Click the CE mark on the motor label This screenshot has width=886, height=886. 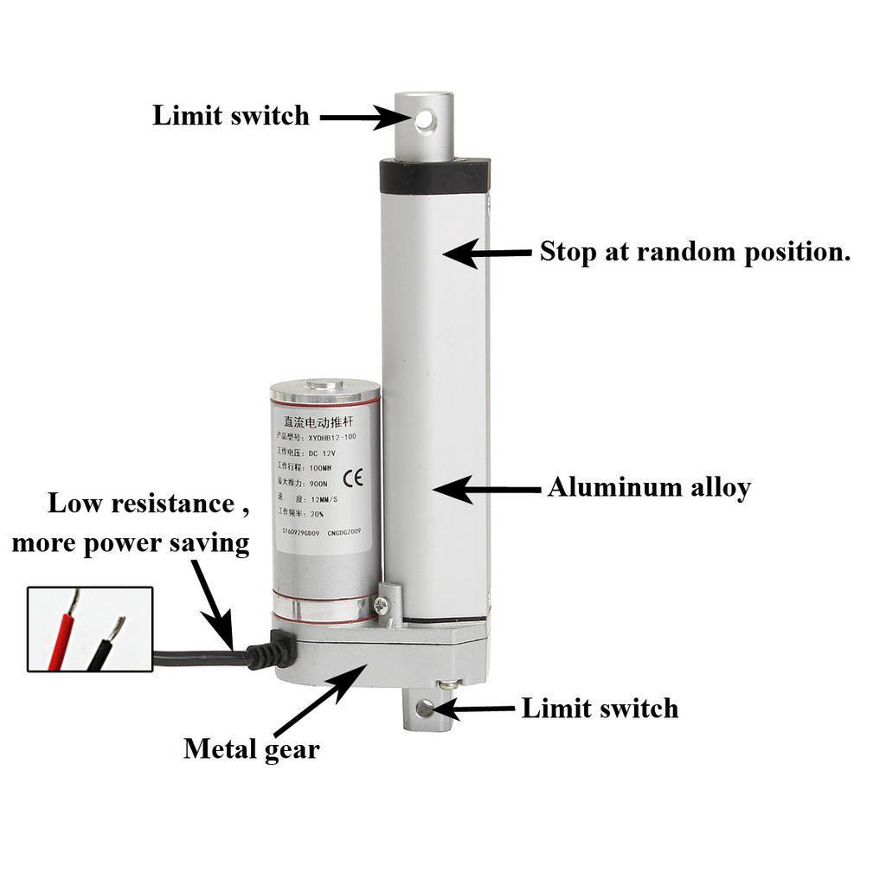[x=353, y=478]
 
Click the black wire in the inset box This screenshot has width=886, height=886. [x=103, y=645]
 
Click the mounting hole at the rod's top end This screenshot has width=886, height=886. [x=424, y=120]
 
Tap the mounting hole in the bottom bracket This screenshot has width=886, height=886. [x=422, y=709]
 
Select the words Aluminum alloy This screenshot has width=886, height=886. [x=648, y=487]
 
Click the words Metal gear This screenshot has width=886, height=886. [x=251, y=748]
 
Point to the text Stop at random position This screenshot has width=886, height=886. [x=695, y=252]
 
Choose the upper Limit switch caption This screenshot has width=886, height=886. [x=230, y=115]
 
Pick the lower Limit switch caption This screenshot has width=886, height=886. [x=599, y=709]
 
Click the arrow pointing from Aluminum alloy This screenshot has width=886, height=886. [x=485, y=489]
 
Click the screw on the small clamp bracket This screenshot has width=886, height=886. [x=383, y=607]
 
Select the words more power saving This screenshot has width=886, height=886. [x=130, y=543]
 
